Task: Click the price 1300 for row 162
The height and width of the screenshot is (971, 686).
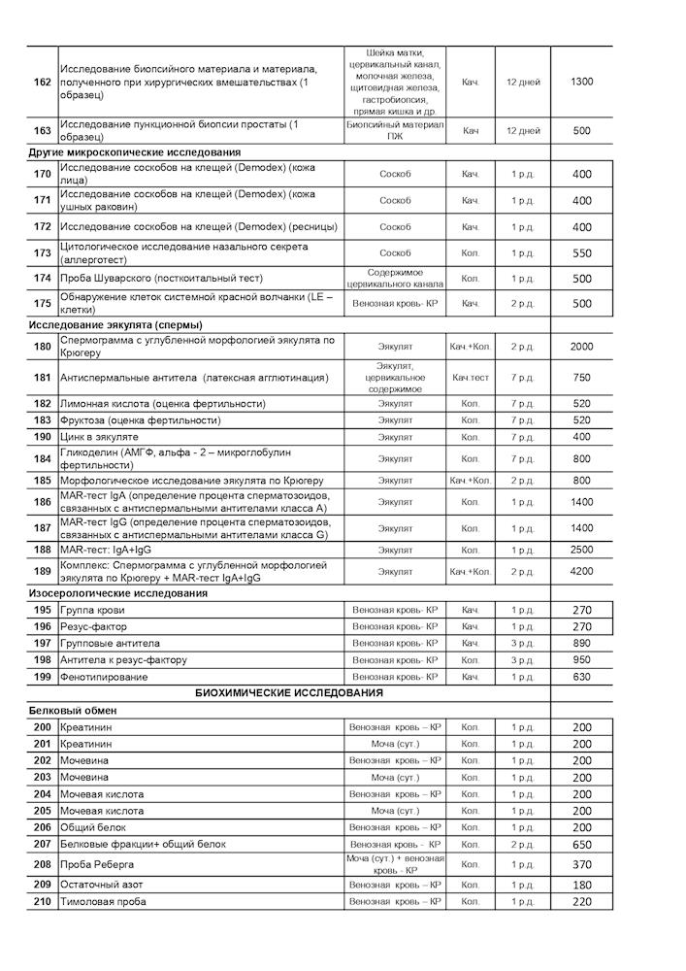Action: tap(582, 82)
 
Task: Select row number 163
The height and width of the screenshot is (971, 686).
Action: tap(42, 130)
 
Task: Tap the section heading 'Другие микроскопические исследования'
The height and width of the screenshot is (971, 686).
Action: tap(134, 152)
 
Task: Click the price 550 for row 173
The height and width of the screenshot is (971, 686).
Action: tap(582, 252)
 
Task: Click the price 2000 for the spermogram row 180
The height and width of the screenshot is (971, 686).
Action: tap(582, 347)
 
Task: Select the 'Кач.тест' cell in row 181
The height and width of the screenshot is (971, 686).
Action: tap(471, 377)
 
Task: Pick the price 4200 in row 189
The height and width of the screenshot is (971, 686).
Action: tap(582, 571)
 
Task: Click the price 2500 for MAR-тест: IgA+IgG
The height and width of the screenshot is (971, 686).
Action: tap(582, 550)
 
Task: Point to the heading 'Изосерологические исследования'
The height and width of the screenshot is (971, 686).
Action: tap(118, 592)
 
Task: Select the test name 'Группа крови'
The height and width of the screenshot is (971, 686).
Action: tap(92, 610)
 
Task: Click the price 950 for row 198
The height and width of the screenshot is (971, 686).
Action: tap(582, 659)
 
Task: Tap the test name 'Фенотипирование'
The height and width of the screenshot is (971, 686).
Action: tap(104, 677)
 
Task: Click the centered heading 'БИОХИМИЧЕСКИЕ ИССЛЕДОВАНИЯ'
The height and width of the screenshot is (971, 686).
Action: tap(289, 693)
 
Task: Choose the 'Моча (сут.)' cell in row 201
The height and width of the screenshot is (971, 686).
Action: tap(395, 744)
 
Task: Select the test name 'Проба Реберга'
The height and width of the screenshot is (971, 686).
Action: tap(97, 864)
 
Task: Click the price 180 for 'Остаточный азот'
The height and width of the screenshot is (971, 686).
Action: tap(582, 885)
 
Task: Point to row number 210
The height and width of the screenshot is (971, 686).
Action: tap(42, 902)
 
